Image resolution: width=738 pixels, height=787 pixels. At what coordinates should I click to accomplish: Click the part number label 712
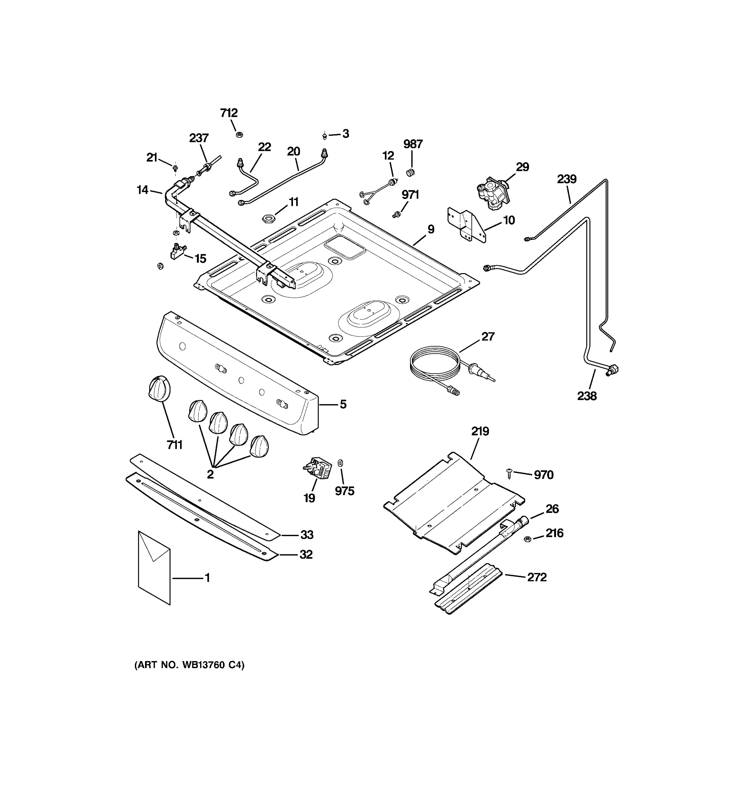[229, 113]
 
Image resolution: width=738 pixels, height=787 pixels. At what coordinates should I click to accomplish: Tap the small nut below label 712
[239, 134]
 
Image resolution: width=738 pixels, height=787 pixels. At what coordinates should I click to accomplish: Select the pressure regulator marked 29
[493, 192]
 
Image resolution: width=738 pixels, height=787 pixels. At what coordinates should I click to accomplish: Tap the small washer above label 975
[340, 462]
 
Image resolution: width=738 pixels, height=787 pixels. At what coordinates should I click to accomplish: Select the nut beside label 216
[527, 539]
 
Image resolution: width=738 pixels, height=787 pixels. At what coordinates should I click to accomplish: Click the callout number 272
[537, 577]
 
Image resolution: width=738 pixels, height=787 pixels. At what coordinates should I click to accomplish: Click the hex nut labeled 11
[268, 218]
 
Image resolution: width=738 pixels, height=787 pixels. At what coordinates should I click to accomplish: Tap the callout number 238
[586, 395]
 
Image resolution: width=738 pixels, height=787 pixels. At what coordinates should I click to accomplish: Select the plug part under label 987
[411, 172]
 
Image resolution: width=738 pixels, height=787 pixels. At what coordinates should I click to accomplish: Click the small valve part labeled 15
[178, 252]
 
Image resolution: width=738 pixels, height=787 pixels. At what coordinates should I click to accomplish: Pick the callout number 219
[480, 431]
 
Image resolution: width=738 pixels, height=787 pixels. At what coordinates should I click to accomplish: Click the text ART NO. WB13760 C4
[189, 665]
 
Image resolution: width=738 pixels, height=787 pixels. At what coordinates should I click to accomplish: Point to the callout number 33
[306, 535]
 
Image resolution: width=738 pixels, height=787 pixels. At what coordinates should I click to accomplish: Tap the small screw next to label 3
[325, 136]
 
